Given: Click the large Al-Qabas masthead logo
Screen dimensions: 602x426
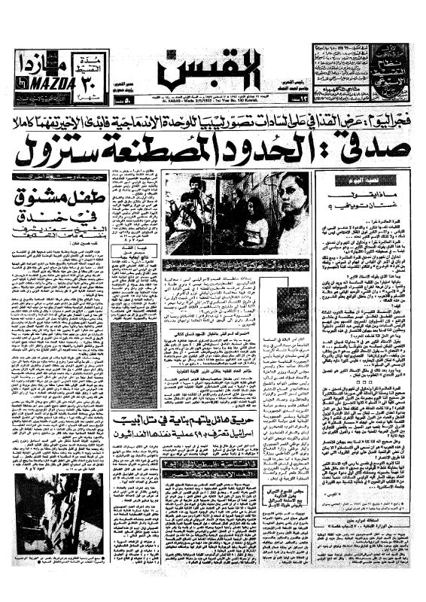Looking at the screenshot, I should [198, 72].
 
